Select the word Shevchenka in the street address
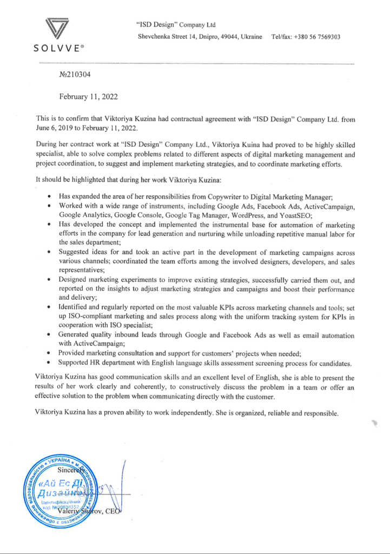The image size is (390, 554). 156,37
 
